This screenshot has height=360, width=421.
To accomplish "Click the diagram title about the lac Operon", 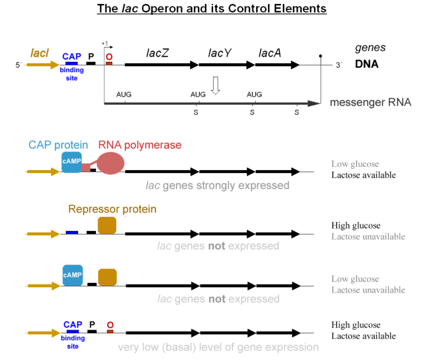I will (x=212, y=9).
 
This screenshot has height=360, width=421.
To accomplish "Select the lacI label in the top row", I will (x=40, y=53).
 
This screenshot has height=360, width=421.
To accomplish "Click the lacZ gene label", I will (x=157, y=52).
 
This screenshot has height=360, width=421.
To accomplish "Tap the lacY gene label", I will (x=219, y=53).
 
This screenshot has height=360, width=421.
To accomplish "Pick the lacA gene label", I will (x=270, y=52).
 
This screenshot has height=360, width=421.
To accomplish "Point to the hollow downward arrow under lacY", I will (x=215, y=85).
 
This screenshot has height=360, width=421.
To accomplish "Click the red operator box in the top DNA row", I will (x=109, y=64).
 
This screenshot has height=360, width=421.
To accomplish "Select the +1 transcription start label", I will (x=104, y=43).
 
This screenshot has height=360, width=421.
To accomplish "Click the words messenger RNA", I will (x=371, y=103).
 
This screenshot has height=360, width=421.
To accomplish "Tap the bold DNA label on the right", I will (x=367, y=64).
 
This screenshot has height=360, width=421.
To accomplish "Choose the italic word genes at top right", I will (x=370, y=48).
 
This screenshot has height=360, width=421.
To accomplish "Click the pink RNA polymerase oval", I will (x=111, y=163).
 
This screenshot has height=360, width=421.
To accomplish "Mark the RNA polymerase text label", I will (x=140, y=145).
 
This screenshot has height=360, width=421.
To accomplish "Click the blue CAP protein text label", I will (x=58, y=145).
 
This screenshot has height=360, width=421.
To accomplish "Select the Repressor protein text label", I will (x=112, y=209).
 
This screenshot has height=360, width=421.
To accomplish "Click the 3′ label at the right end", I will (x=339, y=65).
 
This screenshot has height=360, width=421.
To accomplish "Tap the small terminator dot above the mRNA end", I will (x=321, y=55).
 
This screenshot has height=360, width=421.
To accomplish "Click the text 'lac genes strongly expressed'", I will (x=218, y=185).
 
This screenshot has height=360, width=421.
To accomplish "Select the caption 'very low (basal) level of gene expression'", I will (x=218, y=347).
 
